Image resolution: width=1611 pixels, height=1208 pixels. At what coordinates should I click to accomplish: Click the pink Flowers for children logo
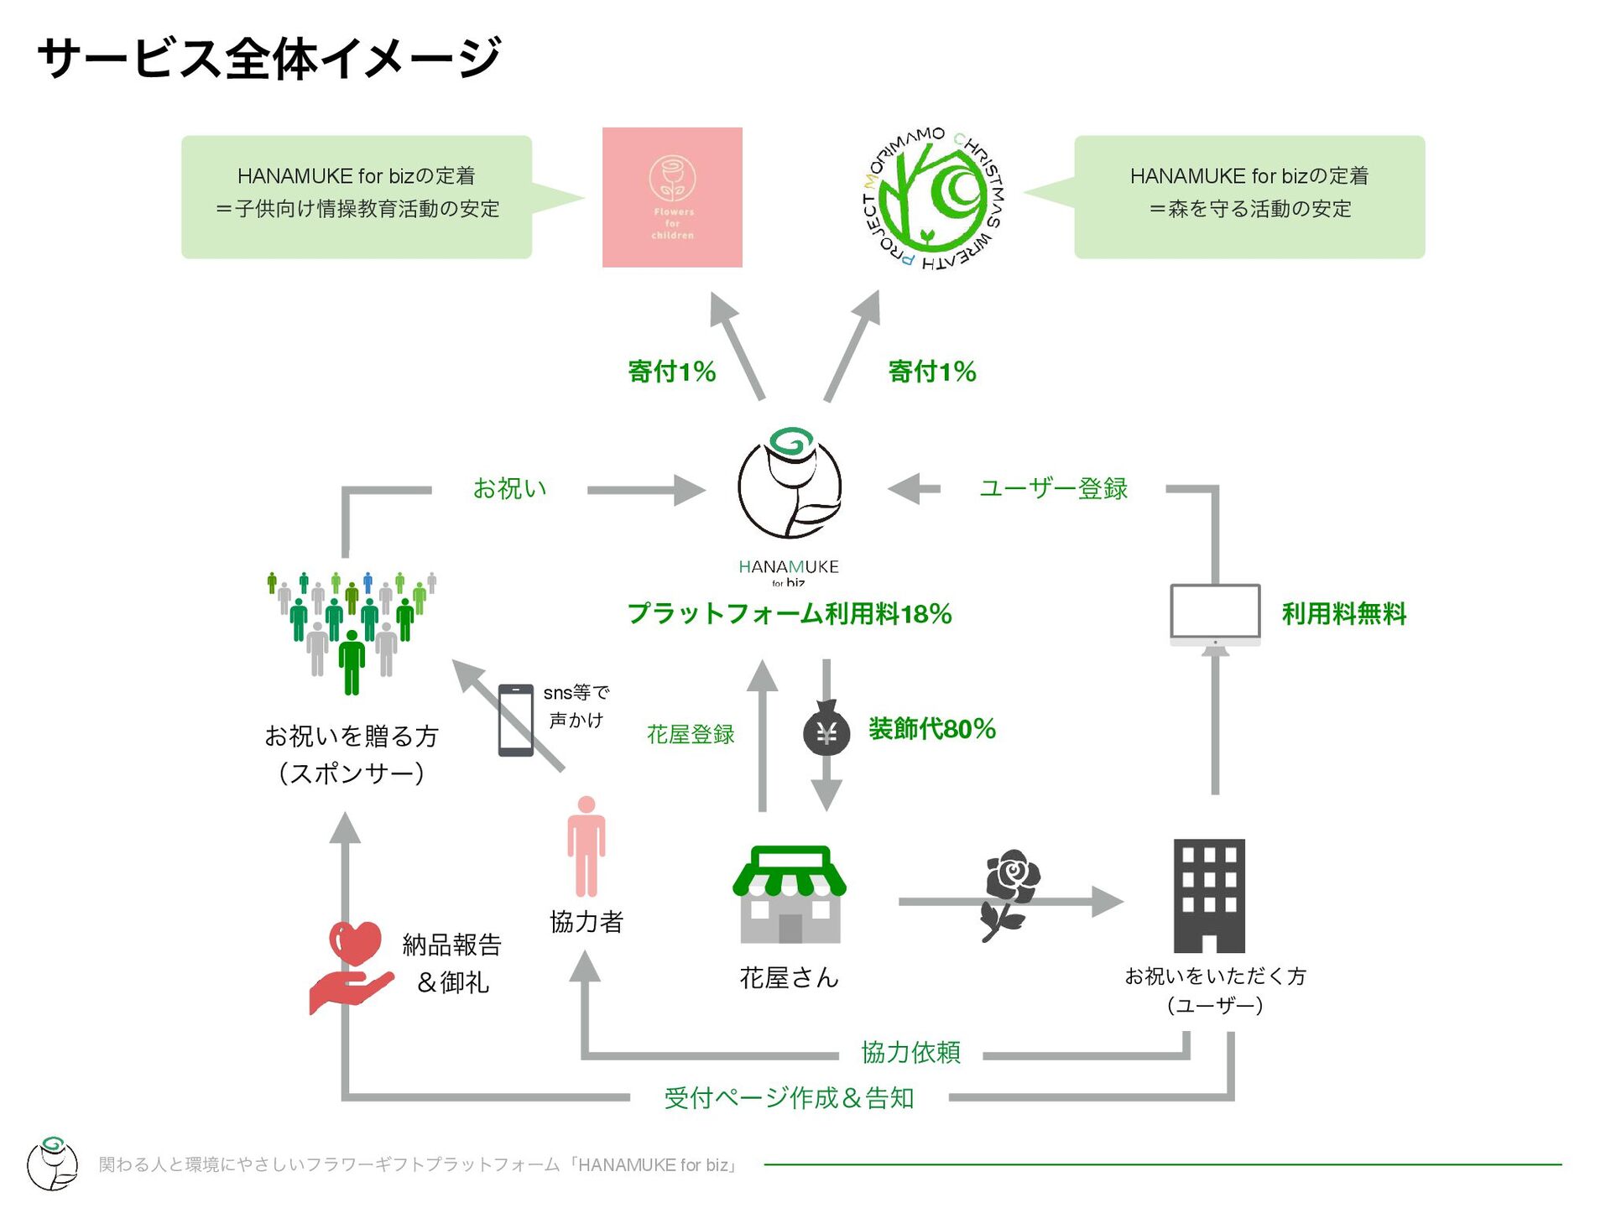[x=672, y=197]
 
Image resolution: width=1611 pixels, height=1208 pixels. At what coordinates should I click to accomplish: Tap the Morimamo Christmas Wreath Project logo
[x=932, y=200]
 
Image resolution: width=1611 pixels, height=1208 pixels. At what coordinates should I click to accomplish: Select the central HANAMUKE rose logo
[x=790, y=486]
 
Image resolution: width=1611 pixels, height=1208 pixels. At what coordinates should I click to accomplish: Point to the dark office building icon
[x=1209, y=895]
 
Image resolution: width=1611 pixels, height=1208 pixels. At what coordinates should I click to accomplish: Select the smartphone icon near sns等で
[x=516, y=720]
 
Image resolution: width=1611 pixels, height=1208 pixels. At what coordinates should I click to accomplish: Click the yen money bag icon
[x=826, y=730]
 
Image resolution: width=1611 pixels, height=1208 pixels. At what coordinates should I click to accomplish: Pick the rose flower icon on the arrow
[x=1011, y=894]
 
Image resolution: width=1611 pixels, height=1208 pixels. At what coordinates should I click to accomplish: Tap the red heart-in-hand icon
[x=352, y=966]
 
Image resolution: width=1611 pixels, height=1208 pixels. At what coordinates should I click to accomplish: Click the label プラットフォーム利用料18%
[x=790, y=614]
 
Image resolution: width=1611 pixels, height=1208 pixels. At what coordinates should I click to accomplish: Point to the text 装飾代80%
[x=932, y=729]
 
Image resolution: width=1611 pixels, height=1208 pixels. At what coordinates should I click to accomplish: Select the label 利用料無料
[x=1343, y=614]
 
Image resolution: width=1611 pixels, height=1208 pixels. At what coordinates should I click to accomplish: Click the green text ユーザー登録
[x=1053, y=488]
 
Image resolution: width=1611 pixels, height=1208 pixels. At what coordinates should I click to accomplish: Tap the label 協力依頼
[x=910, y=1052]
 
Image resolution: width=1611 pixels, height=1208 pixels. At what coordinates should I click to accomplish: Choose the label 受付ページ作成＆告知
[x=789, y=1097]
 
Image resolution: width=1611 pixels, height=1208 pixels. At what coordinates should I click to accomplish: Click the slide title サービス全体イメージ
[x=269, y=58]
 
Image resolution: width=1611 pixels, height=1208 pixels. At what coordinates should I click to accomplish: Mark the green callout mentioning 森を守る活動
[x=1249, y=196]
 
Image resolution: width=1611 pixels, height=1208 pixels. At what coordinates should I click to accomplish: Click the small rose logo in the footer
[x=52, y=1163]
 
